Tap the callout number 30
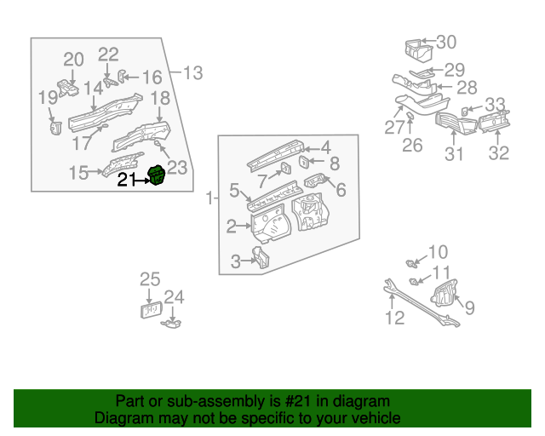[446, 42]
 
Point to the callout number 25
[150, 279]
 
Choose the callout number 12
[394, 318]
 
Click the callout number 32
[498, 153]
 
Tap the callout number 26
[412, 146]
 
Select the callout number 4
[326, 147]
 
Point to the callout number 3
[236, 262]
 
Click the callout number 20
[74, 60]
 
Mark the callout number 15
[78, 174]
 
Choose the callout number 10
[437, 252]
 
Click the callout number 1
[210, 199]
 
